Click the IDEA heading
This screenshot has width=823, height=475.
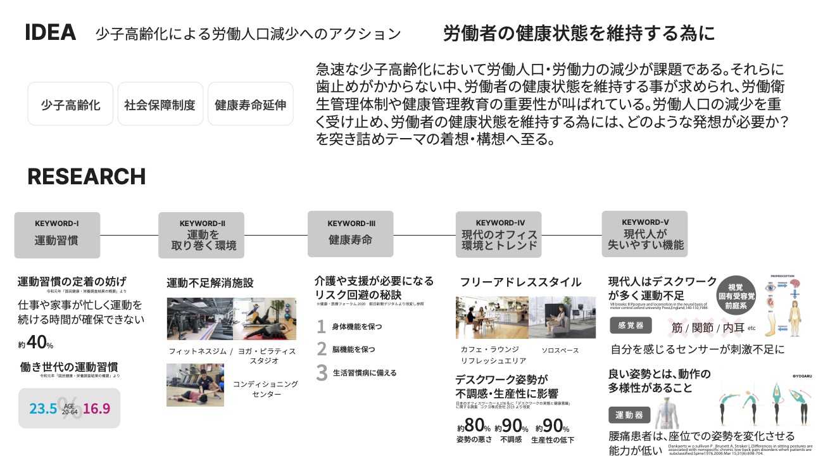pos(50,33)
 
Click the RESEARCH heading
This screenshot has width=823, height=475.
pos(86,177)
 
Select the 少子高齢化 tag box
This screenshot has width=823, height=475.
pos(70,104)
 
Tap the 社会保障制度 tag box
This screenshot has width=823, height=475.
pos(160,104)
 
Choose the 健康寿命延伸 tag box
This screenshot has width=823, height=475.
pos(250,104)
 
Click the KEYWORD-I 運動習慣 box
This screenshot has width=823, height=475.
pos(57,235)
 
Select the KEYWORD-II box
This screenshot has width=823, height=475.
pos(201,235)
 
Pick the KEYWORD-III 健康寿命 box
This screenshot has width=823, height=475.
pos(350,234)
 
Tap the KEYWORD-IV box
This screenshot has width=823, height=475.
pos(499,234)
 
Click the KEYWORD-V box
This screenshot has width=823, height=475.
pos(644,234)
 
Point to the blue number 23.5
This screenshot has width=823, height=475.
pos(43,408)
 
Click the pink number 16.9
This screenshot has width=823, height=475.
pos(96,408)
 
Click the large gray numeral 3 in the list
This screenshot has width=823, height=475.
pos(322,372)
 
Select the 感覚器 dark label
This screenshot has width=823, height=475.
pos(630,326)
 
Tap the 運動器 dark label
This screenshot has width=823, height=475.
pos(630,415)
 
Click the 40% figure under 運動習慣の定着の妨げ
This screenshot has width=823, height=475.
pos(37,343)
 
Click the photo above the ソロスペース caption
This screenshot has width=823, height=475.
pos(562,317)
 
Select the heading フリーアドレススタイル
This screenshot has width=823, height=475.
pos(520,282)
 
